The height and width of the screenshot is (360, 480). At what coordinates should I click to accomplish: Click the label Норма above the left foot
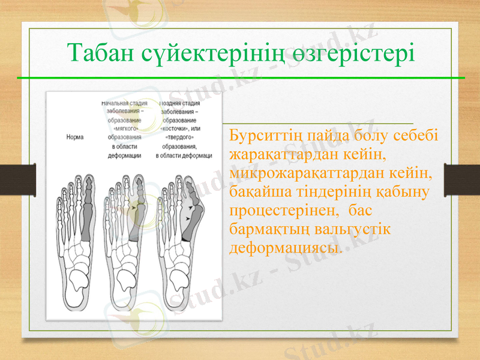(74, 137)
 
